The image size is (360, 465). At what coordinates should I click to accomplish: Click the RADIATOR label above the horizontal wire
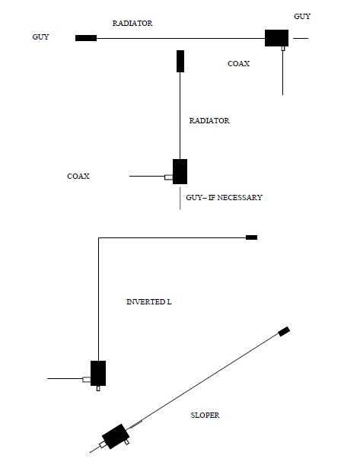[x=132, y=23]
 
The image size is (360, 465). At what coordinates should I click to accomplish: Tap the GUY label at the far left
[x=40, y=37]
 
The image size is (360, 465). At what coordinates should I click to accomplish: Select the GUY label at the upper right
[x=302, y=16]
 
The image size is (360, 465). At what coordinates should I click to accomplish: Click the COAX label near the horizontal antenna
[x=239, y=63]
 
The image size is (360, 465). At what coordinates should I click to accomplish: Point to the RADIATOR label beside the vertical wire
[x=209, y=121]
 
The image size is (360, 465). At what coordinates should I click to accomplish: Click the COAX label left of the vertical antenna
[x=78, y=176]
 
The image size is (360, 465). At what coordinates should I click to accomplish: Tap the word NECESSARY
[x=240, y=198]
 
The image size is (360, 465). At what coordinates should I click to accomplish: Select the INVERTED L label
[x=149, y=302]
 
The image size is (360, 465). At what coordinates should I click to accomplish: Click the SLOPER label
[x=205, y=416]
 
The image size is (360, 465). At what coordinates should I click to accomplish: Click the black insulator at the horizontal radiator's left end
[x=86, y=38]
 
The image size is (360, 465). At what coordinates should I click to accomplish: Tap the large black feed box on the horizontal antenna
[x=276, y=38]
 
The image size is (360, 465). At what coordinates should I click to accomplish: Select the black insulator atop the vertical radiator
[x=180, y=61]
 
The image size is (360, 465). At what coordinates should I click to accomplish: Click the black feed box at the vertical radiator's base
[x=180, y=171]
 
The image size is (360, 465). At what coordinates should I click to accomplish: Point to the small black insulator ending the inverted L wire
[x=251, y=237]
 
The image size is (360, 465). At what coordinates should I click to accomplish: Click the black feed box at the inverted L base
[x=98, y=373]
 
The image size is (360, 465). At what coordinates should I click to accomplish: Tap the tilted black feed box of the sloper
[x=116, y=436]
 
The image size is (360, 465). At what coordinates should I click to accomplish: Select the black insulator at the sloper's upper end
[x=284, y=331]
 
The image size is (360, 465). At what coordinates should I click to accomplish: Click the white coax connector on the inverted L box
[x=87, y=379]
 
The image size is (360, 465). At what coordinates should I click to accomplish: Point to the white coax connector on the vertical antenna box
[x=169, y=177]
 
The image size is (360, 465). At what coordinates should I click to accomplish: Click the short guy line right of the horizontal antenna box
[x=301, y=38]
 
